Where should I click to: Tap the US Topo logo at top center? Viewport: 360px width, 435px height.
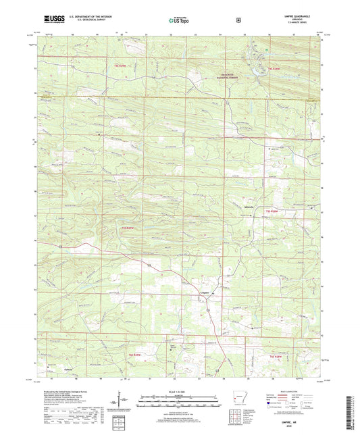(179, 20)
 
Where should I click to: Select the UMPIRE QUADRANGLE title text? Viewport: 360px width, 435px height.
(292, 14)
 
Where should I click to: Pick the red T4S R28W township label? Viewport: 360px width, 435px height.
(274, 69)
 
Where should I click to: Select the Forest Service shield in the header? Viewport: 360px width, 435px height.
(238, 20)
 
